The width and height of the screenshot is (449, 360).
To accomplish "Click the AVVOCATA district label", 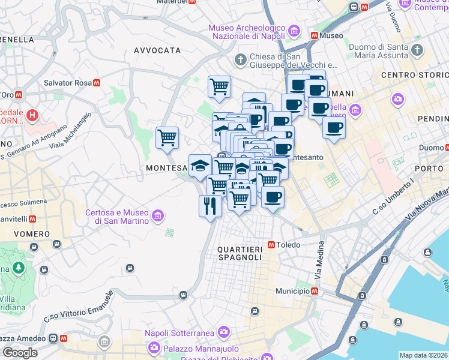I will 157,50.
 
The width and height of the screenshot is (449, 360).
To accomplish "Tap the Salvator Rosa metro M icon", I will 96,83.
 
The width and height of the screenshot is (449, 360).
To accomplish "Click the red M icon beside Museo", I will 314,35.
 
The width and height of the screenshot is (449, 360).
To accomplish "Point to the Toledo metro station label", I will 288,245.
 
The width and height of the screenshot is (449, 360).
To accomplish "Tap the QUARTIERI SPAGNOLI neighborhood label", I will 240,253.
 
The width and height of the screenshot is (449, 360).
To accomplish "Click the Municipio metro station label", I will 292,291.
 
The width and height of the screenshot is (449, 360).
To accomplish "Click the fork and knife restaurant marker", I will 210,206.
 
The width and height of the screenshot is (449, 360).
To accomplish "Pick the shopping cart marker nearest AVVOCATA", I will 219,86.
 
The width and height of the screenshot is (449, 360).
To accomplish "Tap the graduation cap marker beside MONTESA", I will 200,166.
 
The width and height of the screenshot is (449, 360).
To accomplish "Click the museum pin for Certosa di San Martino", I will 158,215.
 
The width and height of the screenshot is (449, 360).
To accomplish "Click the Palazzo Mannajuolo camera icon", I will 154,347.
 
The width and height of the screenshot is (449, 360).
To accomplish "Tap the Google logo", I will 20,353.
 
